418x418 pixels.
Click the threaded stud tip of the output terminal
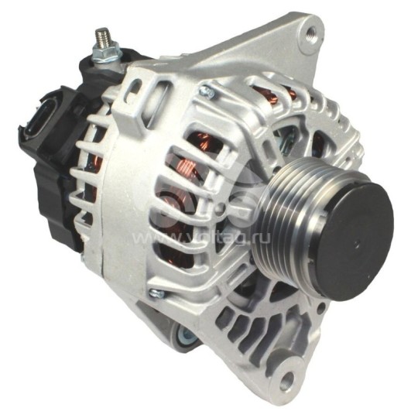pyautogui.click(x=101, y=35)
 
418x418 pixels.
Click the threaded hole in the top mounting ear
pyautogui.click(x=312, y=33)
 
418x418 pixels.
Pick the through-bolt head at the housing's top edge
pyautogui.click(x=205, y=94)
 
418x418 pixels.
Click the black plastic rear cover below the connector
pyautogui.click(x=58, y=201)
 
